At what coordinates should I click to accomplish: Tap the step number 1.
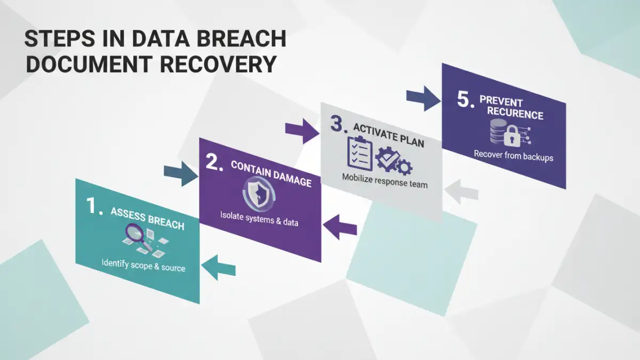(94, 206)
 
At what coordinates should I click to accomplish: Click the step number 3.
(337, 123)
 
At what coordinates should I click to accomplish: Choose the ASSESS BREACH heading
(147, 219)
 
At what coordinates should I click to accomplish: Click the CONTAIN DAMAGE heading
(271, 173)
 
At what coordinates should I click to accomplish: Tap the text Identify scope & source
(143, 265)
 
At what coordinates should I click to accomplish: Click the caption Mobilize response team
(385, 181)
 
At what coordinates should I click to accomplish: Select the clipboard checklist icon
(359, 154)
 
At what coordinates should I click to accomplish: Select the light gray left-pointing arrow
(461, 191)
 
